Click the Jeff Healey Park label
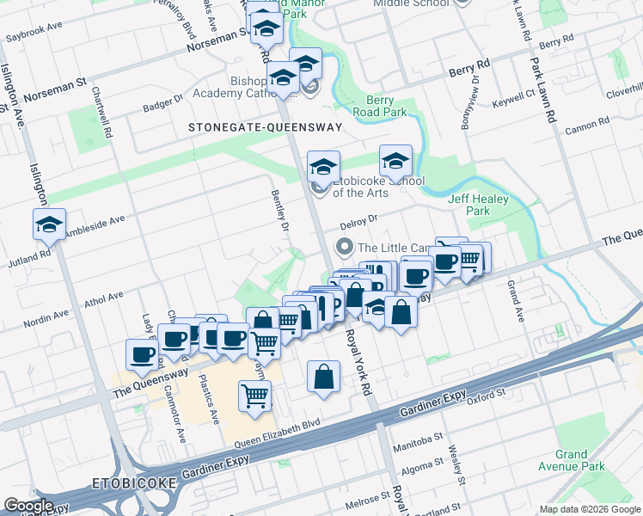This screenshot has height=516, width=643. pos(479,205)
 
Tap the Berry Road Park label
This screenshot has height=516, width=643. pos(386,106)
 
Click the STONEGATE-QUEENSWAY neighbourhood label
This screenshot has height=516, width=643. pos(265,127)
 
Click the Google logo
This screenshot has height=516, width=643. pos(28,506)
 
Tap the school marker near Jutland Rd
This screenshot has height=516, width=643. pos(50,224)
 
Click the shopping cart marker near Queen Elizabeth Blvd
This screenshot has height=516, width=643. pos(255,396)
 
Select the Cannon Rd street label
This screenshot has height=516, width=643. pos(588,130)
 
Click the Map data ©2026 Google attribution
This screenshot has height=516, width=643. pos(590,508)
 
